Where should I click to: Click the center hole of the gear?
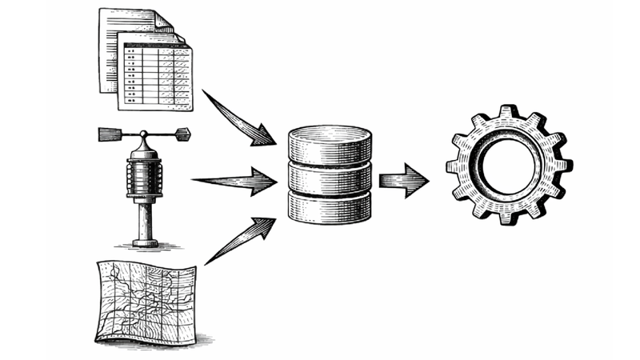[x=509, y=166]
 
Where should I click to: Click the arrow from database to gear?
[x=404, y=180]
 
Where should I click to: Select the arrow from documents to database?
[x=240, y=118]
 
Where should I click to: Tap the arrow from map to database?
[x=240, y=240]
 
